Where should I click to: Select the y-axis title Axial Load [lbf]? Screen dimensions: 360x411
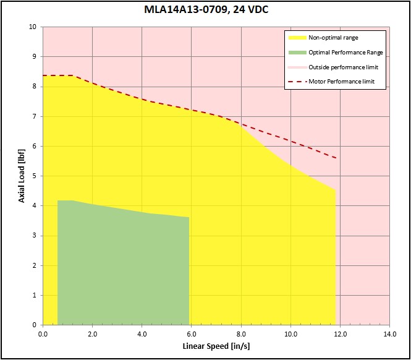tap(21, 176)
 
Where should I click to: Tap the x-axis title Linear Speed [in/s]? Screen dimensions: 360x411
tap(216, 345)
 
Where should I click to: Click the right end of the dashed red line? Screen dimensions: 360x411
tap(336, 158)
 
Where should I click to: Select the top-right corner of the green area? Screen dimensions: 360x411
tap(189, 217)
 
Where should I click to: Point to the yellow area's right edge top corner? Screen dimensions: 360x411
tap(335, 189)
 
